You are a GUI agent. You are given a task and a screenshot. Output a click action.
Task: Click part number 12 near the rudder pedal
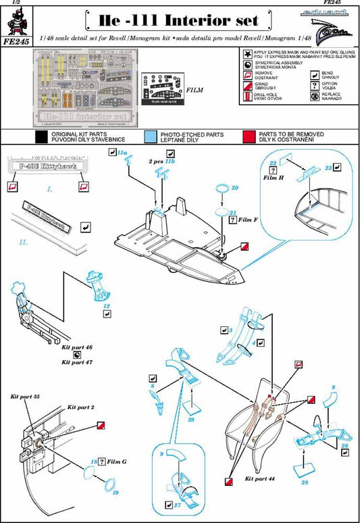point(107,305)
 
